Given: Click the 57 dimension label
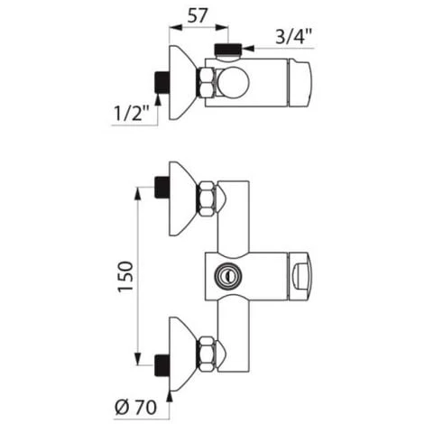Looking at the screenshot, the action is (x=198, y=16).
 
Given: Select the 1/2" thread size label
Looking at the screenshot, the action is (x=132, y=113).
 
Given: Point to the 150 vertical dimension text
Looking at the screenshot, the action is (x=125, y=276).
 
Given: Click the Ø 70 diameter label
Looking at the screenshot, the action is (x=136, y=408).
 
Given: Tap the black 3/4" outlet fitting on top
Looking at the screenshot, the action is (x=228, y=49).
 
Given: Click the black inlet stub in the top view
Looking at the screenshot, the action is (x=161, y=82).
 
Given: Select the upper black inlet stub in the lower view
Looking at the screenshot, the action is (x=161, y=188).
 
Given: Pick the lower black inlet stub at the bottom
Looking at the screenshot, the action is (x=161, y=365).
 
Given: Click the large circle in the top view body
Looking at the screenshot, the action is (x=234, y=83).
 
